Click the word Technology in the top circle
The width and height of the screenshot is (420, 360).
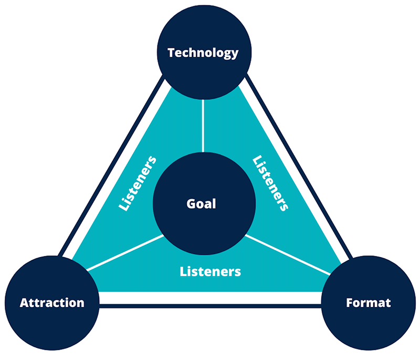(x=203, y=53)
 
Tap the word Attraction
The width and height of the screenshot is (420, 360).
(x=51, y=303)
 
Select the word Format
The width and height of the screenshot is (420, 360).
(x=369, y=303)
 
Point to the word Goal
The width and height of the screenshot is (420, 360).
(x=202, y=203)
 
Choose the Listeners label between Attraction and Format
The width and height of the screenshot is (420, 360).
(x=210, y=272)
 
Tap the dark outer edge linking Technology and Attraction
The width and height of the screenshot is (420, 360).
(x=110, y=168)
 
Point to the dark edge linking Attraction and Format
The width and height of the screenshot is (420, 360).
(x=210, y=306)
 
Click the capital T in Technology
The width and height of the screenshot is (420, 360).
(x=171, y=53)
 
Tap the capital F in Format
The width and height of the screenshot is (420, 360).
(x=350, y=303)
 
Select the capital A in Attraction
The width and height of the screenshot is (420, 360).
(x=24, y=303)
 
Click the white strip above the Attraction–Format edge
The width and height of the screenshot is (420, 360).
(x=210, y=297)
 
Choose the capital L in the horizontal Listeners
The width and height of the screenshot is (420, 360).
(x=183, y=272)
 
